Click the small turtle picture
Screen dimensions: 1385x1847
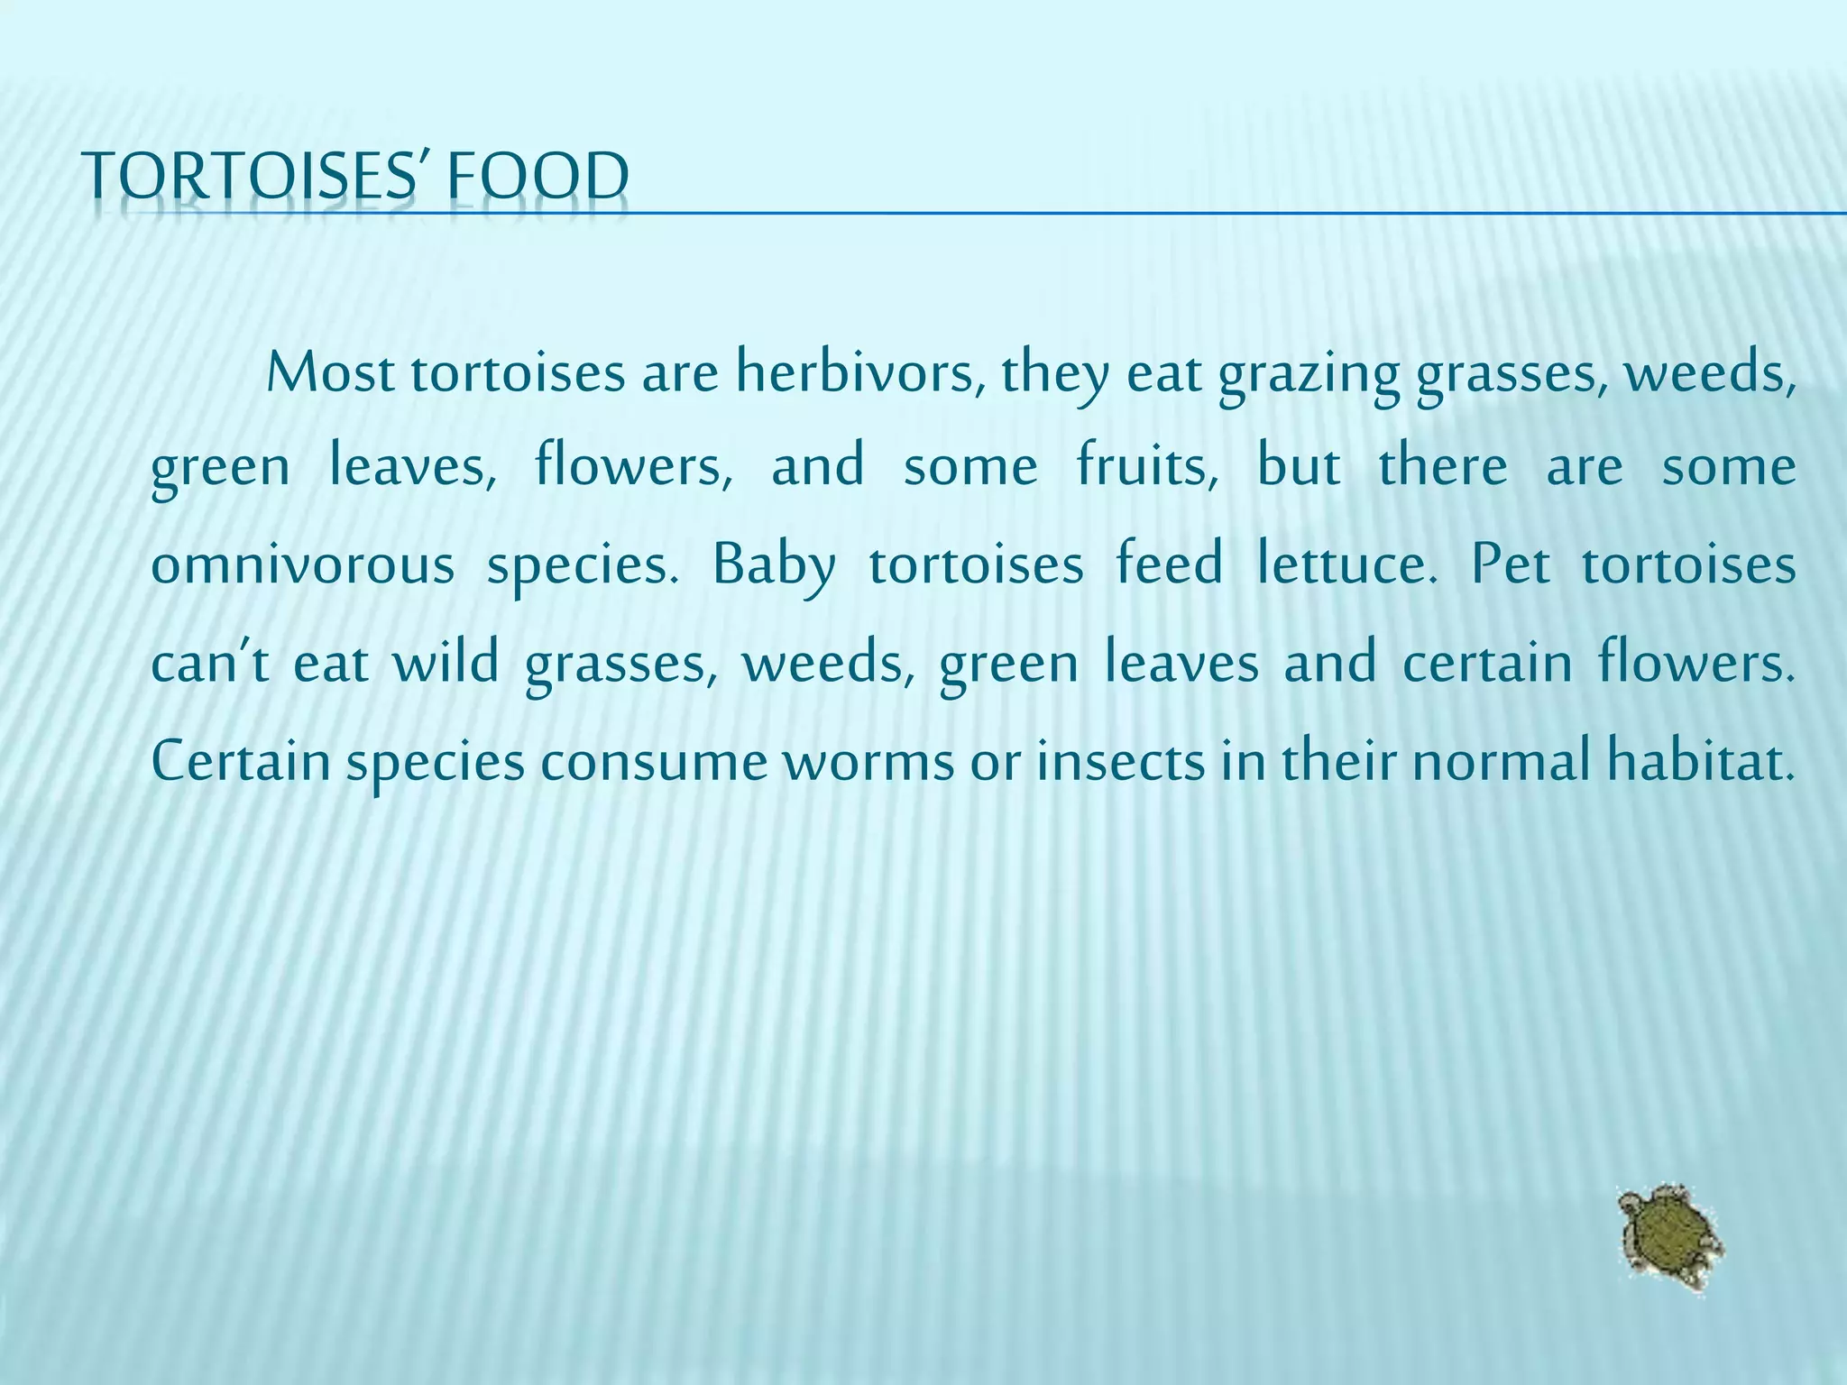pos(1668,1238)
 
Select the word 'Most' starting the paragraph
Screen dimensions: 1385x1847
pos(330,372)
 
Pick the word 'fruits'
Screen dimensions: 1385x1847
pos(1147,467)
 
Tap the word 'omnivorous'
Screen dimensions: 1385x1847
pos(302,565)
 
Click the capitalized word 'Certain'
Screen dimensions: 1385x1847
pos(241,760)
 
